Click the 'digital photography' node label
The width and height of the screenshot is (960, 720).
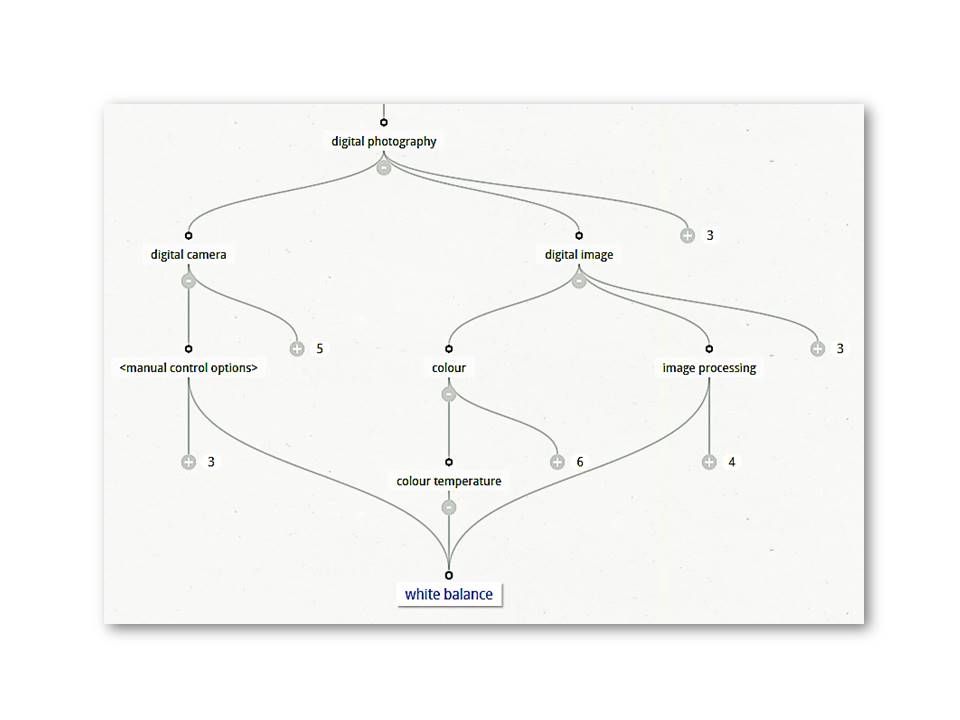tap(384, 141)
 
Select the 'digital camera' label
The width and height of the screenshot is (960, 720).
tap(188, 254)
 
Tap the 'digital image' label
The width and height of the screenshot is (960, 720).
tap(579, 254)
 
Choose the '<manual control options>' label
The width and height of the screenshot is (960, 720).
tap(188, 368)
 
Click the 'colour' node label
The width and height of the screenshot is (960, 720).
tap(449, 368)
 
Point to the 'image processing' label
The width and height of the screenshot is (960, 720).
tap(709, 368)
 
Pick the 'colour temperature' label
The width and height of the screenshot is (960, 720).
tap(449, 481)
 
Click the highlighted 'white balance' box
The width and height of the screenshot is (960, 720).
tap(448, 594)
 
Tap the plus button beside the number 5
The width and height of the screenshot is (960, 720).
tap(297, 349)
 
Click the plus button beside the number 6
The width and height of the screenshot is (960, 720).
tap(558, 462)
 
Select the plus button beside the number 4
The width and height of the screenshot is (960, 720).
tap(709, 462)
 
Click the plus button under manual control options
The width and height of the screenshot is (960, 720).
tap(188, 462)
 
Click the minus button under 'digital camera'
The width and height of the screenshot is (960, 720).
tap(188, 281)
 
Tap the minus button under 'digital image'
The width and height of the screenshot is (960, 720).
tap(579, 281)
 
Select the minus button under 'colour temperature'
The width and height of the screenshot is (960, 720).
tap(449, 507)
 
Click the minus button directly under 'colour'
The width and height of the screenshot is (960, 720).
tap(449, 394)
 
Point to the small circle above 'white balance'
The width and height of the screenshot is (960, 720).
tap(449, 575)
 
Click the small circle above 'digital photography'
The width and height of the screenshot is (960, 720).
tap(384, 122)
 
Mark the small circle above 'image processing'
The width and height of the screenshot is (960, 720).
tap(709, 349)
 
